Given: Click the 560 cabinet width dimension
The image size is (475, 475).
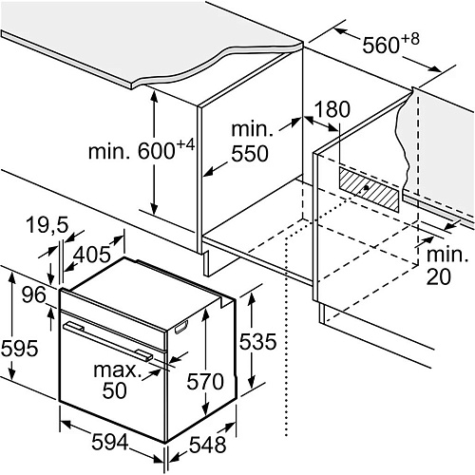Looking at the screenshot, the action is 381,45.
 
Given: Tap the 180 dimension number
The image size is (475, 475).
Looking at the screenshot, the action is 332,109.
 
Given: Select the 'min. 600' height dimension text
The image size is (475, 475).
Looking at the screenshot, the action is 132,151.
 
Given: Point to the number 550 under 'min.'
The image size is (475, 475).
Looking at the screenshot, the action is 250,154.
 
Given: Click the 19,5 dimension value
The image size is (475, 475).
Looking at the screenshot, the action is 47,225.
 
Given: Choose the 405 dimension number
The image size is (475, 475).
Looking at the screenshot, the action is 92,254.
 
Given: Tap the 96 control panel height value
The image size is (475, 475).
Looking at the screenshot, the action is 34,295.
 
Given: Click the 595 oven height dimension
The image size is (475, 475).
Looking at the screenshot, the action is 20,349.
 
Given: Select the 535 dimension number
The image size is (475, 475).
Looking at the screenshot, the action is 257,342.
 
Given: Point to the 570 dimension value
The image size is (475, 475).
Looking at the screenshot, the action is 205,381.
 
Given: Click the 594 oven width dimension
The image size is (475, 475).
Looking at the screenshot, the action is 110,442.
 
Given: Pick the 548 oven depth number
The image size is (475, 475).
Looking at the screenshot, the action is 207,445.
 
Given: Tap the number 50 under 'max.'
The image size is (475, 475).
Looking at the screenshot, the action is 114,390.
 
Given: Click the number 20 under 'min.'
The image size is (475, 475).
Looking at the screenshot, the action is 438,276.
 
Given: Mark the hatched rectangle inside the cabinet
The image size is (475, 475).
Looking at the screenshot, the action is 369,189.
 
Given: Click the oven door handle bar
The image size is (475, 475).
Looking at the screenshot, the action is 107,341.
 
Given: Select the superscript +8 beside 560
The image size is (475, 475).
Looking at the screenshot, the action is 410,39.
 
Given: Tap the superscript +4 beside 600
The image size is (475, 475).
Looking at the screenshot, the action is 185,145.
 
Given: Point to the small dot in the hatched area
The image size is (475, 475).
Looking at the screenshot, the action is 367,188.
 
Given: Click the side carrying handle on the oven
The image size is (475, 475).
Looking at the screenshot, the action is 181,327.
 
